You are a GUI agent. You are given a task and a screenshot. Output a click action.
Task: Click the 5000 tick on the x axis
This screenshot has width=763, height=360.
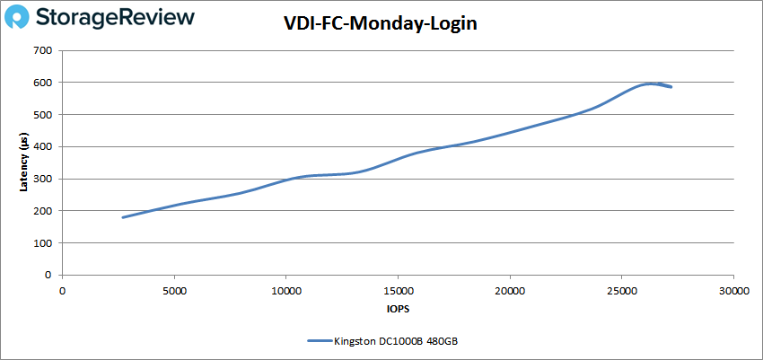pyautogui.click(x=174, y=291)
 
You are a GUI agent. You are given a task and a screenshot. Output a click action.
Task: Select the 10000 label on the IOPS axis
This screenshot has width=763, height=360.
pyautogui.click(x=285, y=291)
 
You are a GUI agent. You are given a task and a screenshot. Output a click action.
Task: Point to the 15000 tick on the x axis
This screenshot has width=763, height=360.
pyautogui.click(x=398, y=291)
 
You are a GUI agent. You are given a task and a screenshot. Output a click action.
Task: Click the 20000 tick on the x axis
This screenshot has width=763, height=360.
pyautogui.click(x=510, y=291)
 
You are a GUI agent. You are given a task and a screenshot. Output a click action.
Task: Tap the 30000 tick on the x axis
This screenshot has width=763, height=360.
pyautogui.click(x=733, y=291)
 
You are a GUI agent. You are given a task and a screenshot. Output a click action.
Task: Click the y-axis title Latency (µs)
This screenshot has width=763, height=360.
pyautogui.click(x=25, y=162)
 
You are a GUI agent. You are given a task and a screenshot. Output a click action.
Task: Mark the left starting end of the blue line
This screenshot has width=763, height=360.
pyautogui.click(x=123, y=217)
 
